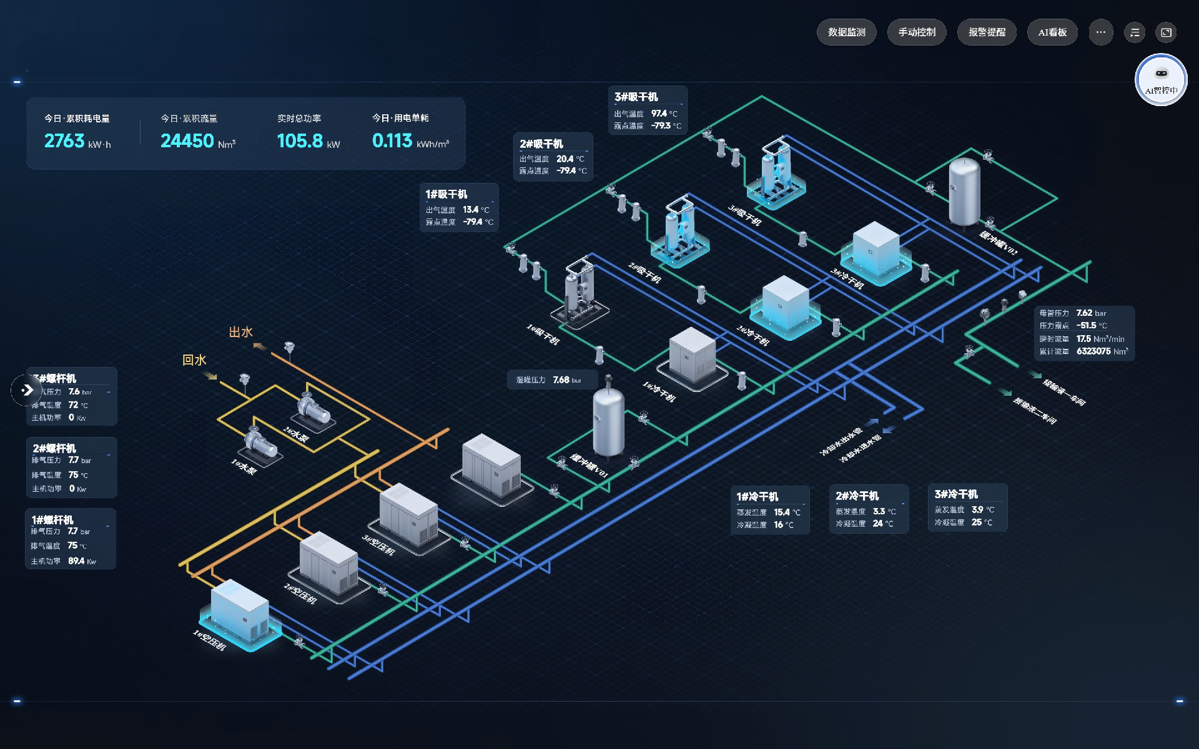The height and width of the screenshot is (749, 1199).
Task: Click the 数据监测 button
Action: click(x=846, y=32)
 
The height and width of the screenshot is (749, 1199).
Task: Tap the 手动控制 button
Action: click(x=916, y=32)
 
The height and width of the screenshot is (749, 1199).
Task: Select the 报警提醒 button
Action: click(x=987, y=32)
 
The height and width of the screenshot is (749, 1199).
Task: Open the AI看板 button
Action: click(x=1052, y=32)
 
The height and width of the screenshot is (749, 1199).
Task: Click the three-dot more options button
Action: click(x=1100, y=32)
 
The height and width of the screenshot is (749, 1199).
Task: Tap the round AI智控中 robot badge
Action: click(x=1160, y=79)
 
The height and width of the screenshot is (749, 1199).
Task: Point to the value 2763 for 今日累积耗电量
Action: click(x=64, y=141)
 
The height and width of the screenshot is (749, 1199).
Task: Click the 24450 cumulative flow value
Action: click(x=187, y=141)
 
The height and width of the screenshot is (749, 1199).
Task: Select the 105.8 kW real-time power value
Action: click(x=300, y=141)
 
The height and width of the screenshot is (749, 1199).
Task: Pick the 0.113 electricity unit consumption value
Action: click(x=392, y=141)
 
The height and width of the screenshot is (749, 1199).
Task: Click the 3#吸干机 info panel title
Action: click(x=636, y=97)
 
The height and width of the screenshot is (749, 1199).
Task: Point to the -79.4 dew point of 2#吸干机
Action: click(x=566, y=170)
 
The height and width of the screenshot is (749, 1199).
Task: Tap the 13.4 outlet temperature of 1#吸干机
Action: click(x=470, y=210)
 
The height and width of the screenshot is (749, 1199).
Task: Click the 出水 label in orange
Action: click(x=240, y=332)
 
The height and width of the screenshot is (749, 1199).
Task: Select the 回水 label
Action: click(x=194, y=360)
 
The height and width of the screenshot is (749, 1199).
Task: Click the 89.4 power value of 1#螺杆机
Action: click(x=76, y=561)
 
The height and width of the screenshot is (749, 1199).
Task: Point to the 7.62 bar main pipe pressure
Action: click(x=1084, y=313)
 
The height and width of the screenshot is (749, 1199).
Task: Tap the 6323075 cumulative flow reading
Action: click(x=1093, y=351)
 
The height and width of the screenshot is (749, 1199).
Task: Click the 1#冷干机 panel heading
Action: click(x=757, y=497)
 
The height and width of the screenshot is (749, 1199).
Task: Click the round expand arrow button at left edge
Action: click(x=26, y=390)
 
